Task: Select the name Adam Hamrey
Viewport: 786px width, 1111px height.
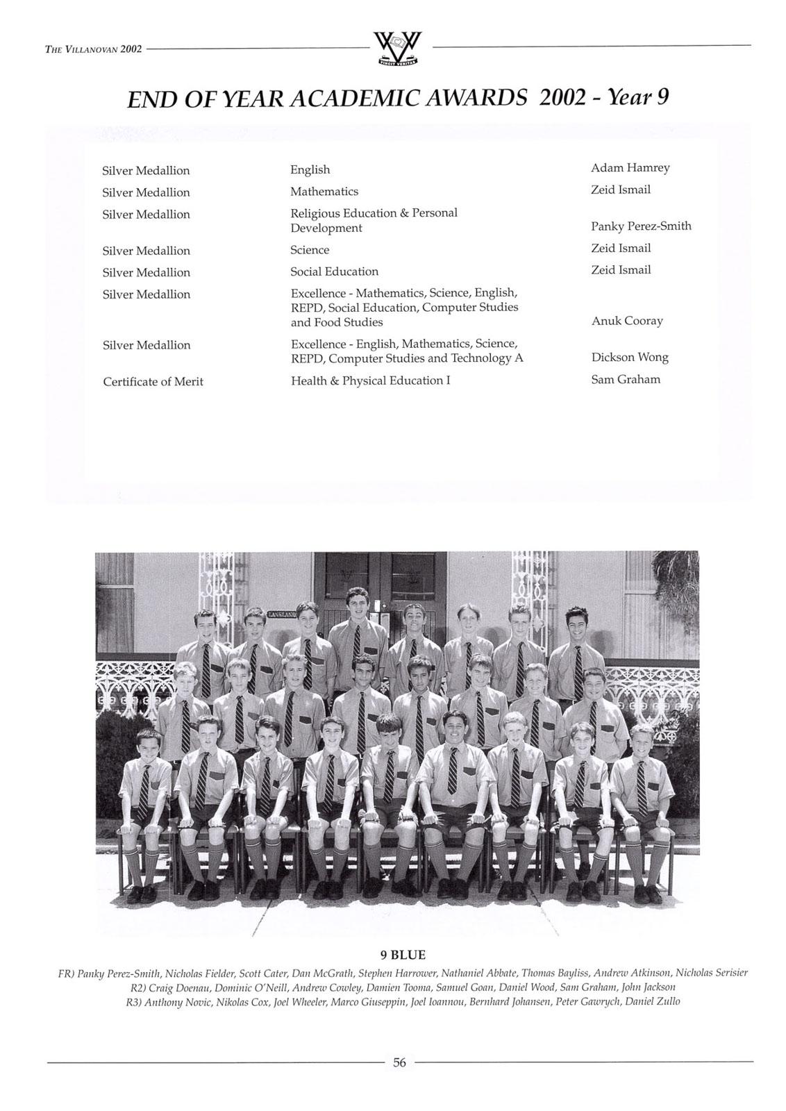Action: pos(630,168)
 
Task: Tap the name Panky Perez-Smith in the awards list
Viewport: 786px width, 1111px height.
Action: pos(640,226)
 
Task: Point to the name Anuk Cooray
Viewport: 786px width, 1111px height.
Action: pos(626,321)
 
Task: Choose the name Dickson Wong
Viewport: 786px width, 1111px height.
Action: pos(629,358)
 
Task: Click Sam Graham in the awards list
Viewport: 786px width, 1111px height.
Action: pos(625,380)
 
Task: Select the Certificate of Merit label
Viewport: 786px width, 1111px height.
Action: pos(153,382)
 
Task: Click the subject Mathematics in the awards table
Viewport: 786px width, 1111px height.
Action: pos(324,192)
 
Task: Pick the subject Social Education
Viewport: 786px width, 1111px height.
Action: pos(334,272)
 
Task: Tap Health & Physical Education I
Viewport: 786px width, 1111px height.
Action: pos(370,381)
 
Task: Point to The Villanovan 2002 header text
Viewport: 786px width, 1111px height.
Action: pos(93,49)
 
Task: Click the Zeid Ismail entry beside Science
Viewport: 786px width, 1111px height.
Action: pos(620,249)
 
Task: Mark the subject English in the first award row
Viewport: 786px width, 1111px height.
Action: pos(310,170)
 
